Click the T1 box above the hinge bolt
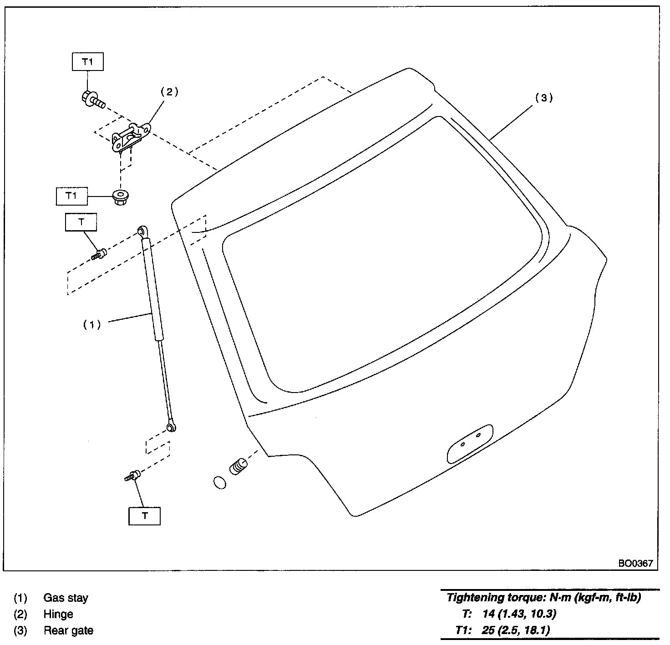click(x=88, y=62)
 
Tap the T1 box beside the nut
click(x=71, y=196)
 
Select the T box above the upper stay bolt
click(x=81, y=222)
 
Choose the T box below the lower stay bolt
click(x=145, y=516)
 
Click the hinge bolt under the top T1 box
click(x=92, y=100)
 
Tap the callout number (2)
click(x=169, y=92)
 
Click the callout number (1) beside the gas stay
click(x=91, y=324)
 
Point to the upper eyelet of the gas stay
click(x=142, y=232)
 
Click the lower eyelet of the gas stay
click(x=171, y=427)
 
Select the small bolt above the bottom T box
click(x=133, y=476)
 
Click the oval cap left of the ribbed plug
click(x=219, y=482)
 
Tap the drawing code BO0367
click(x=635, y=563)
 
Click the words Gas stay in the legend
click(x=66, y=598)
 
